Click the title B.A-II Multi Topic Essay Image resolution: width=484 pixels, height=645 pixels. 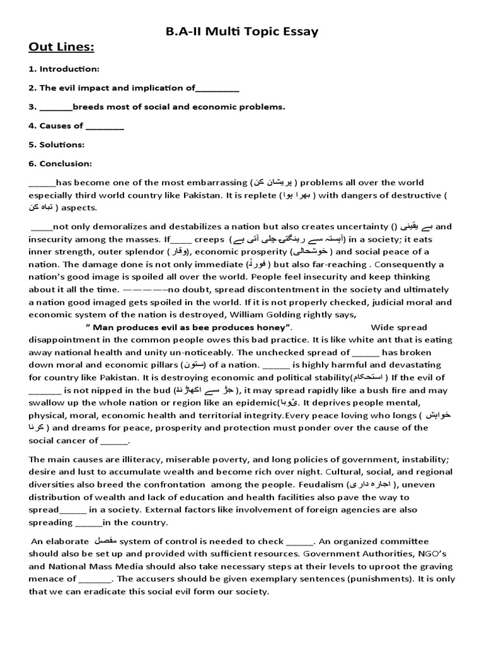point(242,31)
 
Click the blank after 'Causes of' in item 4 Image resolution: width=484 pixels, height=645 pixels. point(105,125)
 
